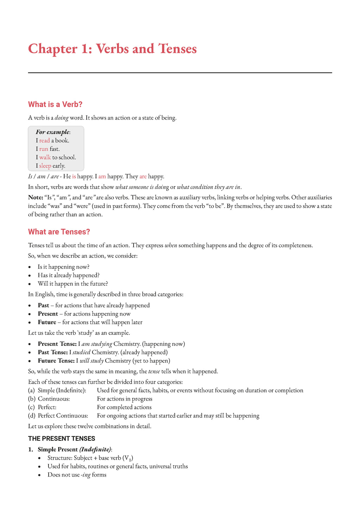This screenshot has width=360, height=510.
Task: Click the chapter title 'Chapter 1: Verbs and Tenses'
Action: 112,49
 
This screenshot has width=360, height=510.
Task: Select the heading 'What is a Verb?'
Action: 55,104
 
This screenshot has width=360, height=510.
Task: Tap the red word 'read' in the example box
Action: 44,141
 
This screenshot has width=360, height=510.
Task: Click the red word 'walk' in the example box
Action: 45,158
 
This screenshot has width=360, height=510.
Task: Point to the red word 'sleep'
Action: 45,166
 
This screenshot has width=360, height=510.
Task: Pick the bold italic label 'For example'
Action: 52,132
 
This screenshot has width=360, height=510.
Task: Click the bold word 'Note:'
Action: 36,198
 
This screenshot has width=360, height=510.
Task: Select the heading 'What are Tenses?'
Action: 59,232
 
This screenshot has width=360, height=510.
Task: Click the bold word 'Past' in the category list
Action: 44,305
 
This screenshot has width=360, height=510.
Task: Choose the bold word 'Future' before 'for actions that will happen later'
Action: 47,322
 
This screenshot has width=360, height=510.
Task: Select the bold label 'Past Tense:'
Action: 53,352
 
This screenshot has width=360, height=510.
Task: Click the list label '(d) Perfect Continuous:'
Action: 58,416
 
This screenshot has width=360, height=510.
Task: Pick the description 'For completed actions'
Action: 124,407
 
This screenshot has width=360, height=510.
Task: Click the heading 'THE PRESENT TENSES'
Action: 62,439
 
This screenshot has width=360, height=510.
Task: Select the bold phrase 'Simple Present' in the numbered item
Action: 58,450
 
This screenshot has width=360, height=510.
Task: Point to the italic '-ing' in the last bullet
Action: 86,475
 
